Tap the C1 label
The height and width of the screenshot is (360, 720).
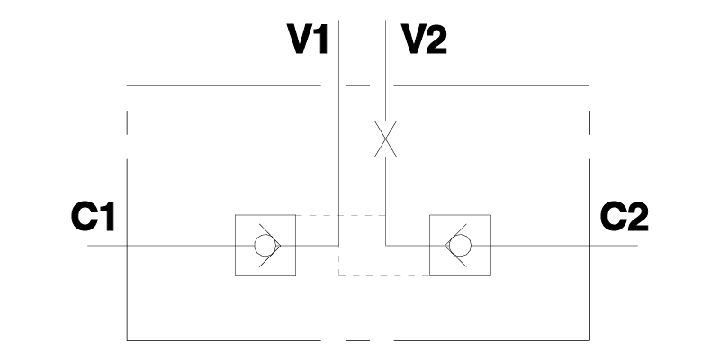click(94, 217)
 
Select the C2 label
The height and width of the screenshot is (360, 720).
click(624, 217)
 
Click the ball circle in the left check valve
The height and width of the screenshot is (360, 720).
click(264, 246)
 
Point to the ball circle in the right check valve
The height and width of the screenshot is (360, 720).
click(460, 246)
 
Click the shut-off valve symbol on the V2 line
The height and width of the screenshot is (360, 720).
click(386, 140)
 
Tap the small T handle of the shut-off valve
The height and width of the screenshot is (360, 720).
click(399, 140)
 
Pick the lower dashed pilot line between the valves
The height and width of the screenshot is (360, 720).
click(382, 275)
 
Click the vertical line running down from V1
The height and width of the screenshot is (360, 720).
click(337, 135)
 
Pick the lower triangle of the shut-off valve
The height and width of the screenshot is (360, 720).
click(386, 150)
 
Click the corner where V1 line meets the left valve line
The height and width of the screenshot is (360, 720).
click(337, 246)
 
